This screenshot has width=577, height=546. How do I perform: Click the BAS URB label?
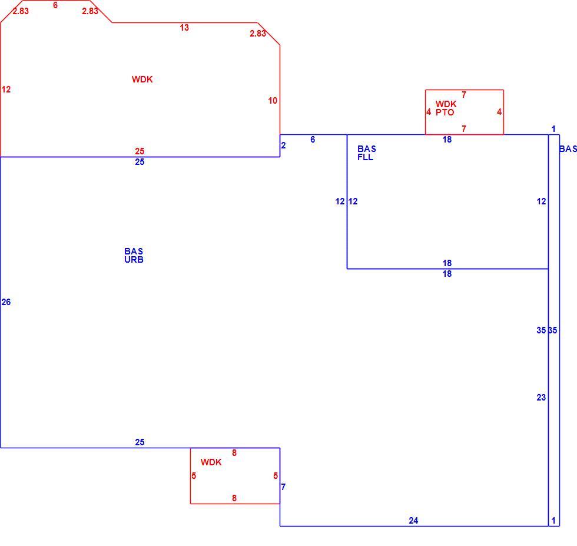click(134, 255)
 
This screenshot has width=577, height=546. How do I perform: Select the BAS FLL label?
click(366, 153)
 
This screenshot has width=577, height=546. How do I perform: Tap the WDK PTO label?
click(446, 108)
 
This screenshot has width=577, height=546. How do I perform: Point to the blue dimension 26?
click(6, 302)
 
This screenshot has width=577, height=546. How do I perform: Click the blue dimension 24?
click(413, 520)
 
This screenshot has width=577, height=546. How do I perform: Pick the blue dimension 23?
click(541, 397)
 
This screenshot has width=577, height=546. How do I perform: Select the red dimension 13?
click(184, 27)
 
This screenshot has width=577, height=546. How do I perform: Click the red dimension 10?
click(273, 101)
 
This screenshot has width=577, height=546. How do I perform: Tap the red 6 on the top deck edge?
click(55, 5)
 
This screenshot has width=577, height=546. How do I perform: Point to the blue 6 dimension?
click(313, 139)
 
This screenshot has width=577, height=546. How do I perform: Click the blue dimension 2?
click(283, 145)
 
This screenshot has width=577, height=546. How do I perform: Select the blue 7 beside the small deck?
click(283, 487)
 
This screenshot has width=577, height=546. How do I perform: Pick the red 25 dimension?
click(140, 151)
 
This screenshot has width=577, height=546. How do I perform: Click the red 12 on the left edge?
click(6, 89)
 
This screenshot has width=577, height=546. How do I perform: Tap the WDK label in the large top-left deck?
click(142, 79)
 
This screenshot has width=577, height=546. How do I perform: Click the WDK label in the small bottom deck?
click(211, 462)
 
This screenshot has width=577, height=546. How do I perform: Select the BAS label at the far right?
click(568, 149)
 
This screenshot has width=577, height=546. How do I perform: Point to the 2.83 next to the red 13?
click(258, 34)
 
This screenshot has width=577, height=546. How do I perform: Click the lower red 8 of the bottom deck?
click(234, 498)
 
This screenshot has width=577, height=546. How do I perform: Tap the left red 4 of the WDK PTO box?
click(429, 111)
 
